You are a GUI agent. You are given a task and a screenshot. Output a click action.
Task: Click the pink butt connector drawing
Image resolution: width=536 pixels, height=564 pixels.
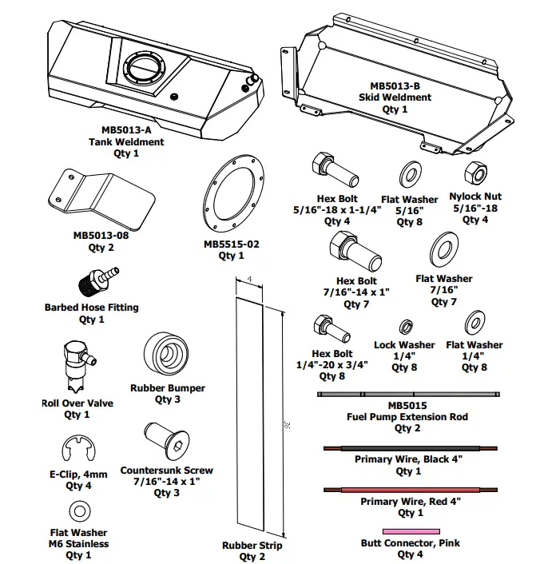pyautogui.click(x=411, y=531)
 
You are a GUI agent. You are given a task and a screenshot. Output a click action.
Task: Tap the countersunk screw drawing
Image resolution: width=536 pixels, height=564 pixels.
pyautogui.click(x=165, y=442)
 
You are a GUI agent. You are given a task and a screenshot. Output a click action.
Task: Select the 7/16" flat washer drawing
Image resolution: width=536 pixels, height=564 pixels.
pyautogui.click(x=443, y=249)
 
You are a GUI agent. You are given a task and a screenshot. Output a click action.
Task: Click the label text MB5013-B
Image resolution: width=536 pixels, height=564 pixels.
pyautogui.click(x=394, y=85)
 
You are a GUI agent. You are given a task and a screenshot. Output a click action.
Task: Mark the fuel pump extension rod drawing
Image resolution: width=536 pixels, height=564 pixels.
pyautogui.click(x=410, y=394)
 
